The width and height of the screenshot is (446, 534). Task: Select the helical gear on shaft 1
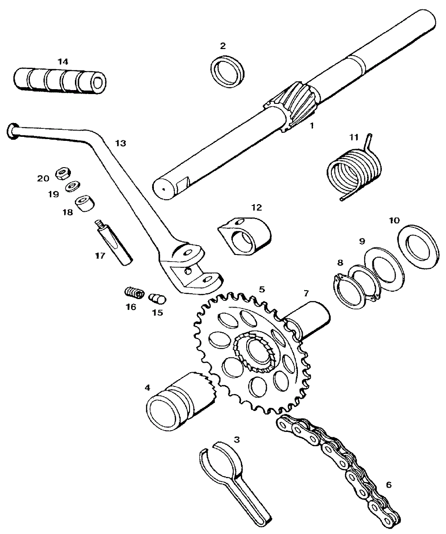pyautogui.click(x=295, y=105)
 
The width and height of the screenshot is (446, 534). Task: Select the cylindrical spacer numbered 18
pyautogui.click(x=85, y=205)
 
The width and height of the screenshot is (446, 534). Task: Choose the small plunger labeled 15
pyautogui.click(x=157, y=298)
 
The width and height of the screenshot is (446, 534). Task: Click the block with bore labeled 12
pyautogui.click(x=245, y=234)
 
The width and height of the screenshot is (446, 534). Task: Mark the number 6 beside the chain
pyautogui.click(x=388, y=485)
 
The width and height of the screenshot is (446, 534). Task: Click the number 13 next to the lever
pyautogui.click(x=120, y=143)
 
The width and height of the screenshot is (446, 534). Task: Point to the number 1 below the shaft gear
pyautogui.click(x=312, y=126)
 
